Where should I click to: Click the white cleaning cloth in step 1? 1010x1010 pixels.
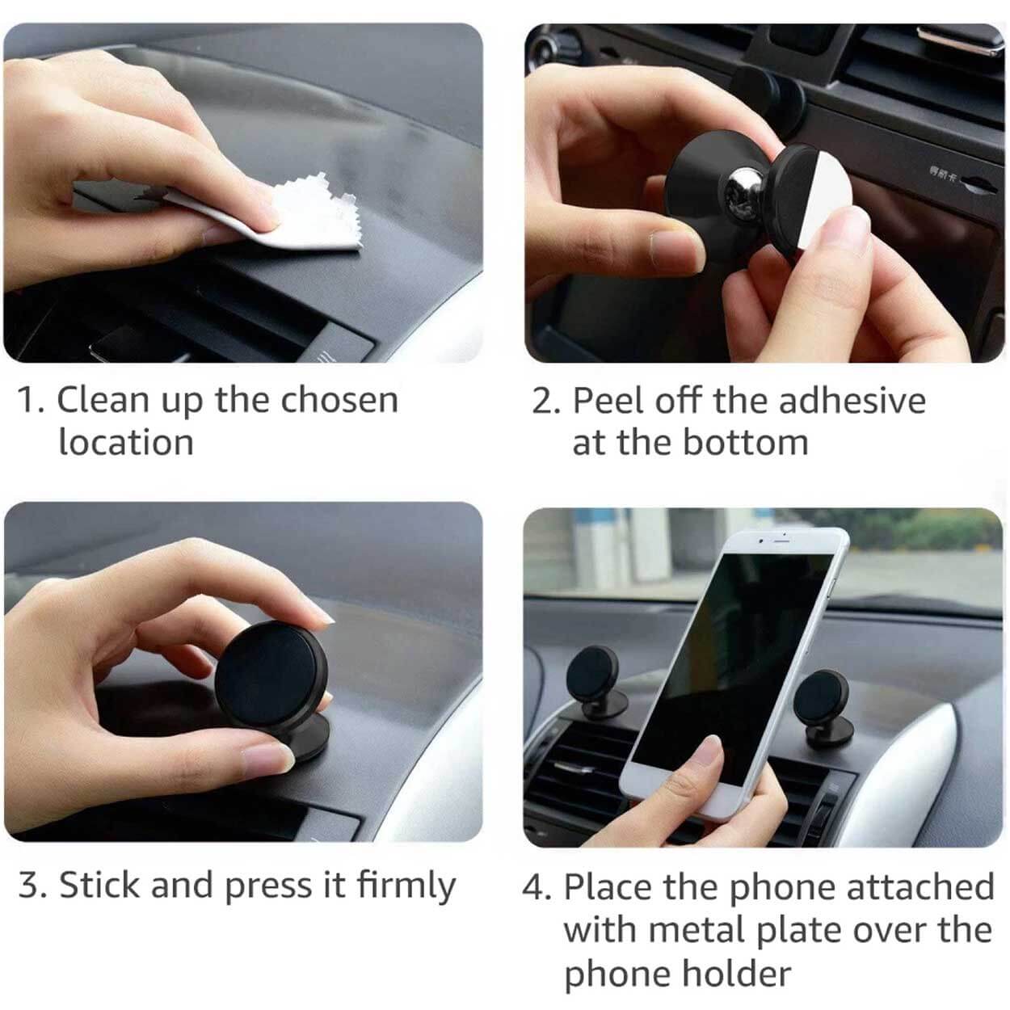(x=283, y=215)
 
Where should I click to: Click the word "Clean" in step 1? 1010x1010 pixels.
(x=103, y=401)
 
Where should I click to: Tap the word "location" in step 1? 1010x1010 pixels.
(x=126, y=442)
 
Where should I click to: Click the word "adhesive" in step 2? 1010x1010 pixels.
(x=852, y=401)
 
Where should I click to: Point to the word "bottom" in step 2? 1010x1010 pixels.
(x=746, y=443)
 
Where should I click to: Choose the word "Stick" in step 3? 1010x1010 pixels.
(x=100, y=885)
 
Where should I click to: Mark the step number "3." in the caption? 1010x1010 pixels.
(x=32, y=885)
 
